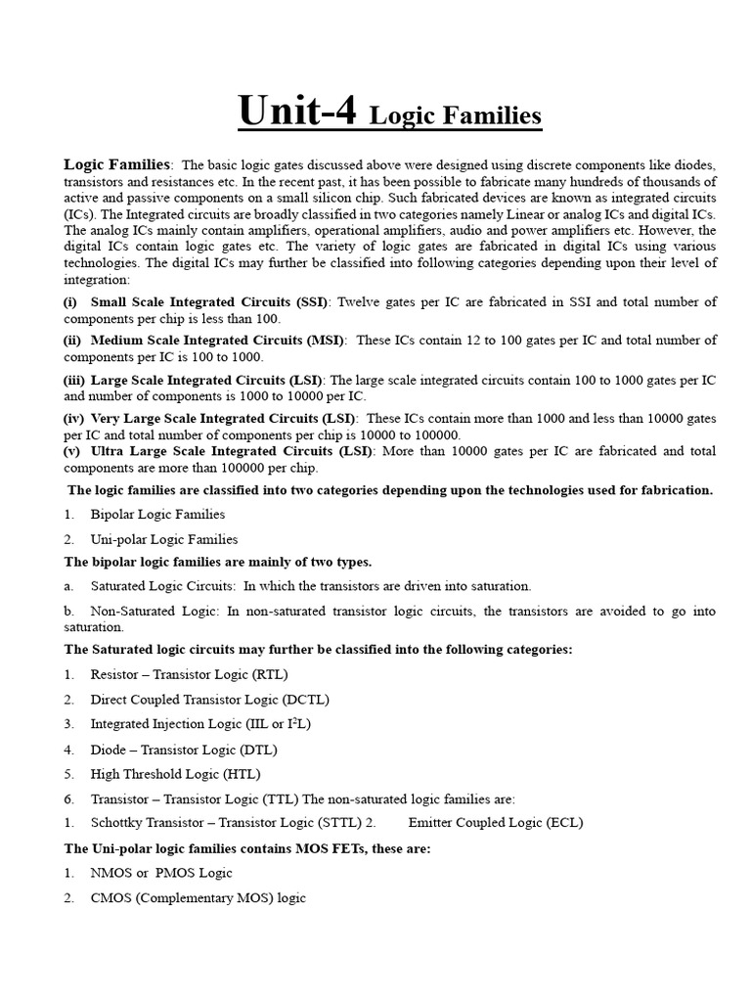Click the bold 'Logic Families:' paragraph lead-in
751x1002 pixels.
(117, 163)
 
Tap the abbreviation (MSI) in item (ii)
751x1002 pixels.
(326, 340)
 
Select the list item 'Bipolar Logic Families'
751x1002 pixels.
(157, 514)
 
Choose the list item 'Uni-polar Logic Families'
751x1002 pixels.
(163, 539)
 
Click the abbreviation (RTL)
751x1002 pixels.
(269, 674)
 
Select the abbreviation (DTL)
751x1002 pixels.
(258, 750)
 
